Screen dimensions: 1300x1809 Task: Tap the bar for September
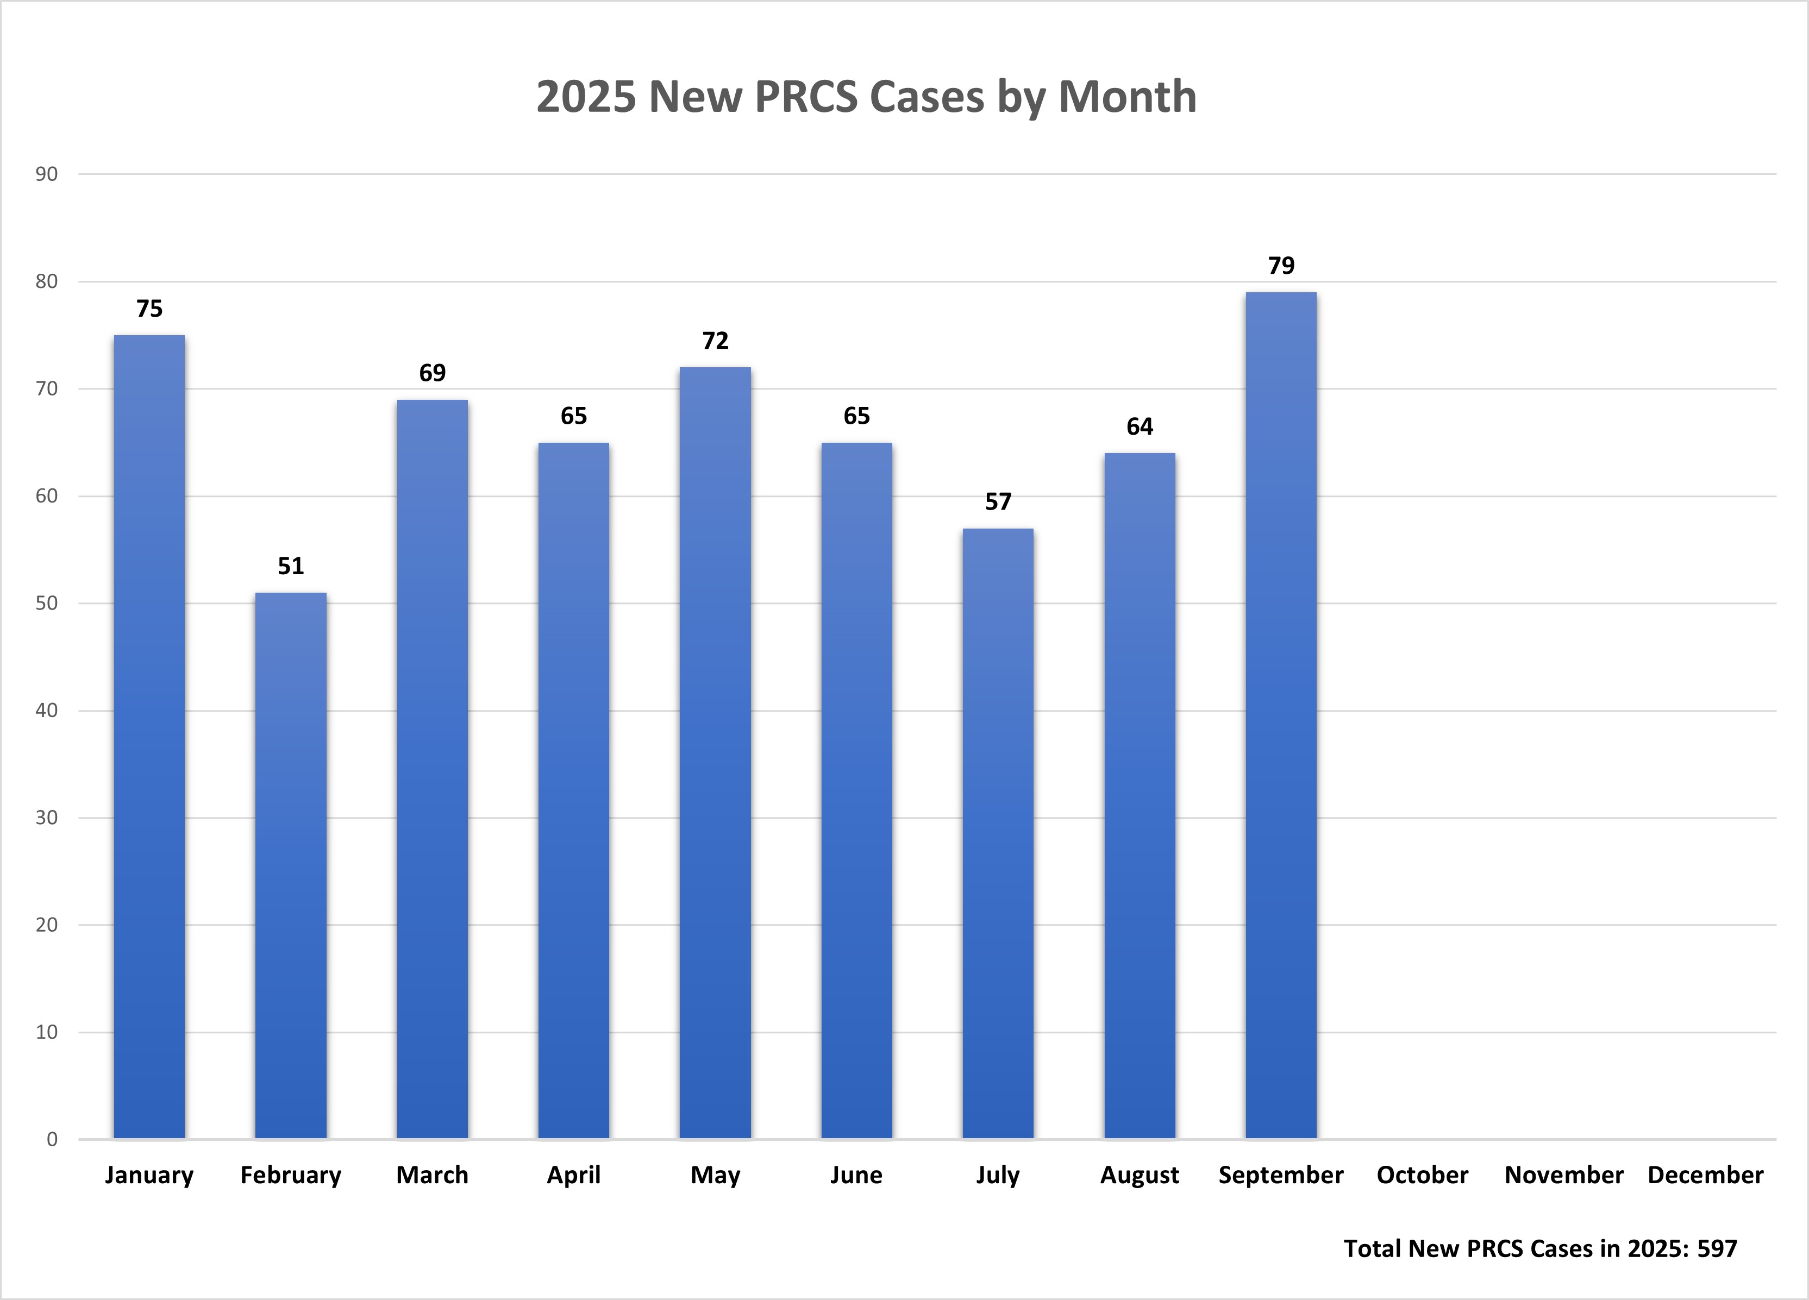pos(1281,715)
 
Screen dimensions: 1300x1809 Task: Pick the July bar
pos(998,833)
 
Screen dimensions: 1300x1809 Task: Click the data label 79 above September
pos(1281,266)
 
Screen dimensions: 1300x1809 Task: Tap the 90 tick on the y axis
pos(46,174)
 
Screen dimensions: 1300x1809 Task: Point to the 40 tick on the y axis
pos(46,711)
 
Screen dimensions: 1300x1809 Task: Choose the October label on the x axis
pos(1422,1175)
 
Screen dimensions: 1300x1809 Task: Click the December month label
pos(1705,1175)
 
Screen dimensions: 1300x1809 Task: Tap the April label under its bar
pos(573,1175)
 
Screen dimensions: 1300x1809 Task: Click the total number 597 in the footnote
pos(1717,1248)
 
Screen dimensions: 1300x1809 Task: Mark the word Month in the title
pos(1127,97)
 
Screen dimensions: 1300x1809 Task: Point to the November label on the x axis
pos(1563,1175)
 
